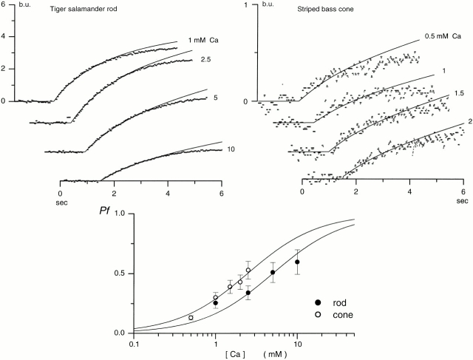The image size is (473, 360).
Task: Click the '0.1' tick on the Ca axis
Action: [x=134, y=343]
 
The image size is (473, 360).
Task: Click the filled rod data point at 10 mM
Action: [x=297, y=262]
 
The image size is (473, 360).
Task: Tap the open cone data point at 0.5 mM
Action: [x=191, y=318]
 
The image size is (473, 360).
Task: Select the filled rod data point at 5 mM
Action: [x=273, y=273]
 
